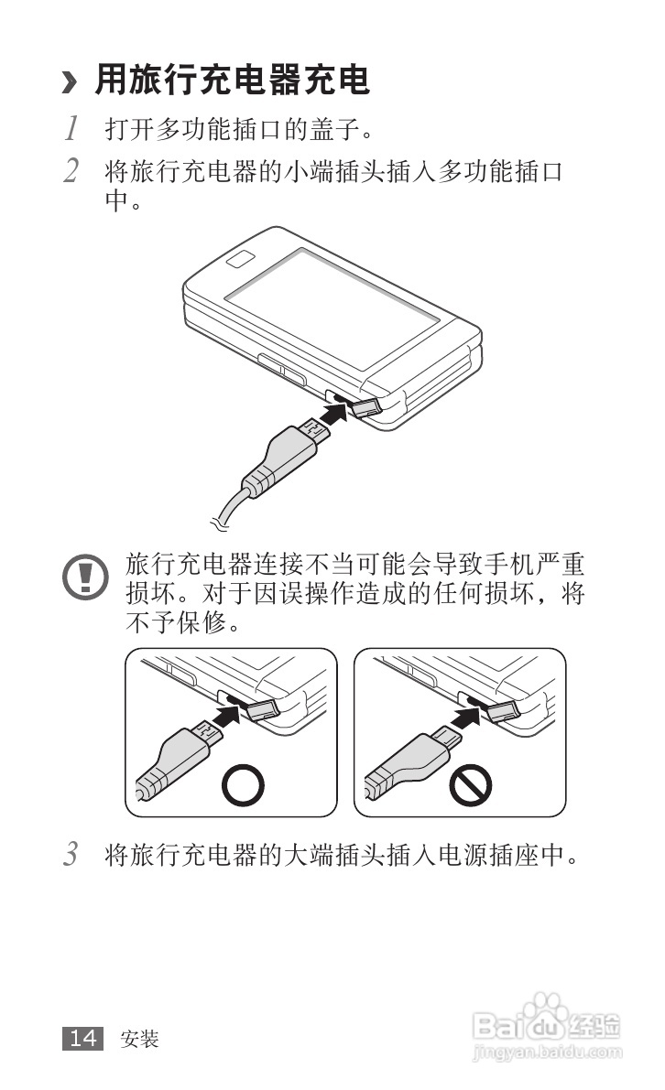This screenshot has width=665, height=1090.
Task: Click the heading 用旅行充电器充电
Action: click(233, 81)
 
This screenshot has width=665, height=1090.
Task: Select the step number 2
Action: click(70, 170)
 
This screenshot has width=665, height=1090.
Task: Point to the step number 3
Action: click(70, 855)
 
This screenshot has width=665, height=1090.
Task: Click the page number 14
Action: click(83, 1038)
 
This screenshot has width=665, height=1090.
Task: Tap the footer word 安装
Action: click(139, 1039)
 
